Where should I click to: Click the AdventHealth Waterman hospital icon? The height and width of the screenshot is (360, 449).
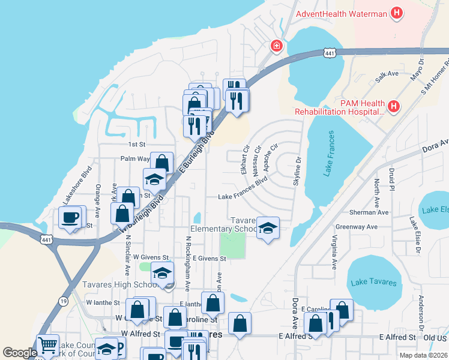pos(396,12)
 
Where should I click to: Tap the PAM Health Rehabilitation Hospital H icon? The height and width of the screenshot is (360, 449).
pos(393,107)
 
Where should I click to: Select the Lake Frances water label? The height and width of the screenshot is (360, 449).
pos(328,154)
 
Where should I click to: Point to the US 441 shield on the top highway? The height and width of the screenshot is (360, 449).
pos(329,53)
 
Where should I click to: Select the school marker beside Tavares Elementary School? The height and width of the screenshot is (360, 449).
pos(268,228)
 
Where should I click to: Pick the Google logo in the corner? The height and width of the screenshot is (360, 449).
pos(19,353)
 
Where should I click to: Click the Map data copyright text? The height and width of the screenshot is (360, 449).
pos(423,355)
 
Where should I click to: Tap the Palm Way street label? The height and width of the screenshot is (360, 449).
pos(134,159)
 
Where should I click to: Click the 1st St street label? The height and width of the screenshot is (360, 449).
pos(137,145)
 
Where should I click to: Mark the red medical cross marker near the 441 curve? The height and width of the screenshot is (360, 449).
pos(276,45)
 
